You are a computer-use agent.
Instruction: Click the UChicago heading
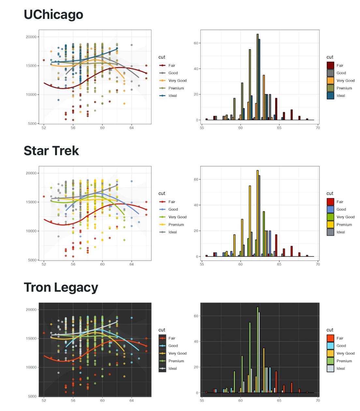click(53, 15)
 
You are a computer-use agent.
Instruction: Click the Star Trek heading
click(51, 151)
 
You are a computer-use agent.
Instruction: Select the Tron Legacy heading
click(61, 287)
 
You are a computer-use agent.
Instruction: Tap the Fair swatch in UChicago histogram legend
click(330, 66)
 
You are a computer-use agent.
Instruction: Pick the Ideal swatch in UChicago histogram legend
click(330, 96)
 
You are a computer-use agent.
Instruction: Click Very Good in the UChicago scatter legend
click(177, 81)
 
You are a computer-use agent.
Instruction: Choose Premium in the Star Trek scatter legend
click(176, 225)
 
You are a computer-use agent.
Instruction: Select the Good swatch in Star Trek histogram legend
click(330, 209)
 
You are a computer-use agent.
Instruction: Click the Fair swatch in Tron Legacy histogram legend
click(330, 338)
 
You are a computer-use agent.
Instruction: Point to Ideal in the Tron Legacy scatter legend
click(173, 369)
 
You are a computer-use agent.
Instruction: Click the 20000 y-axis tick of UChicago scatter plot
click(31, 37)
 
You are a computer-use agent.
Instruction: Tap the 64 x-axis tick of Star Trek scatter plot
click(132, 264)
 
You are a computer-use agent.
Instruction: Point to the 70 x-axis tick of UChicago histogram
click(318, 128)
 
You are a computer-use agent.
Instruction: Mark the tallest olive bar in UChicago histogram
click(257, 77)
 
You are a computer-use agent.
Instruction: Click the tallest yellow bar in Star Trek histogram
click(257, 213)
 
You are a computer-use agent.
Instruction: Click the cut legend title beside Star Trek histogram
click(330, 193)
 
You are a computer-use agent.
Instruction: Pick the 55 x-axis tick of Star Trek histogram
click(202, 264)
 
